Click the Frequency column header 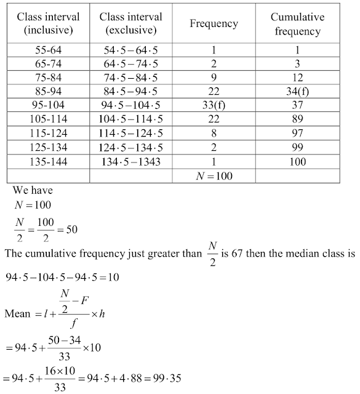[x=214, y=24]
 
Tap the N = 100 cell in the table [x=214, y=175]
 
